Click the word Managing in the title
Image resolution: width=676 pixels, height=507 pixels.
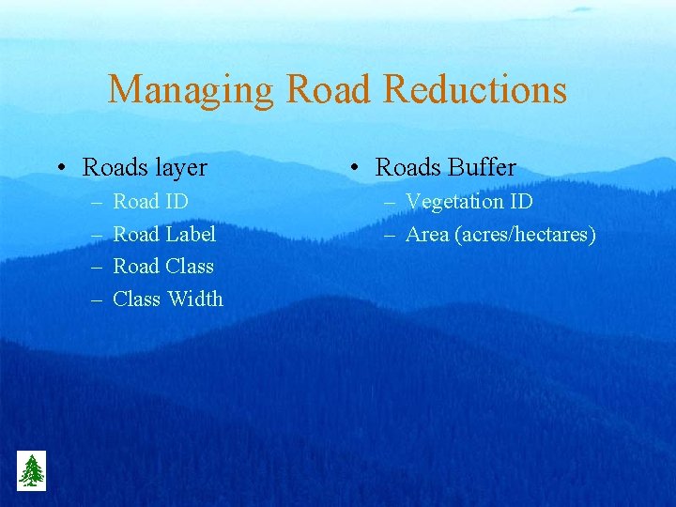pos(191,90)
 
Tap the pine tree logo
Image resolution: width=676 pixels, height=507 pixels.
pos(31,470)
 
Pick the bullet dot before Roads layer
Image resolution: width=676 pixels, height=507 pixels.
pos(59,168)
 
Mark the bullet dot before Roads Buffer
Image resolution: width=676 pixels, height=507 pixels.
pos(352,168)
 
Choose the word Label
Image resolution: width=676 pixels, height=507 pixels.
pos(191,234)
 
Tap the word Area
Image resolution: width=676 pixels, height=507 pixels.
pos(427,234)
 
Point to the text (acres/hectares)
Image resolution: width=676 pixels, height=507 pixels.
pos(525,235)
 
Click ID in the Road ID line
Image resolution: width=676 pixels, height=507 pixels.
pos(177,201)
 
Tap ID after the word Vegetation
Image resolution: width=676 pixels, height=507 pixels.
pos(521,201)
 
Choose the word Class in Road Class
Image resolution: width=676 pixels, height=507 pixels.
pos(190,267)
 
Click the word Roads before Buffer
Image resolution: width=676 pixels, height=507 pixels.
pos(407,167)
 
